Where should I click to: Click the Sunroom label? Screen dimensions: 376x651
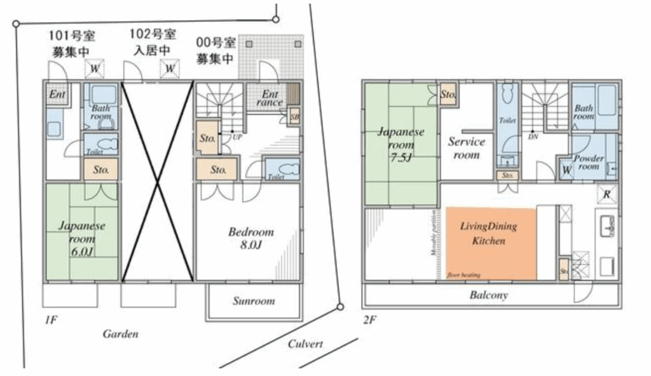(x=254, y=300)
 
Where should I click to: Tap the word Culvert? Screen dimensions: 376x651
(x=306, y=344)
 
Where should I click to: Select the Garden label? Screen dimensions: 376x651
(x=120, y=333)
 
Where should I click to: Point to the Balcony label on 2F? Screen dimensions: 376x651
(x=488, y=295)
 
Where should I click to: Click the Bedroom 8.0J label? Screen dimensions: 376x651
(x=251, y=238)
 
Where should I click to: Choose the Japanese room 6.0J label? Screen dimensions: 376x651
(x=82, y=239)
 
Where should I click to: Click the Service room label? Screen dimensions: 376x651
(x=466, y=148)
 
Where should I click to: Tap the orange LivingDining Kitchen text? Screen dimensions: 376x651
(x=488, y=233)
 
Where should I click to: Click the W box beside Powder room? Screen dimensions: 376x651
(x=566, y=171)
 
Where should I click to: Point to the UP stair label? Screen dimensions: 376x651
(x=236, y=137)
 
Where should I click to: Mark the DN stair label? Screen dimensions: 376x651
(x=533, y=136)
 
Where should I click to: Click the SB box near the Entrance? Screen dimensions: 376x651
(x=294, y=118)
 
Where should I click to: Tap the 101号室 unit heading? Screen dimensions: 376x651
(x=74, y=34)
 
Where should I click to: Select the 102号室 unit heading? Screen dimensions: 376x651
(x=153, y=34)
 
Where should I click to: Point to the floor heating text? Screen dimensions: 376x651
(x=463, y=275)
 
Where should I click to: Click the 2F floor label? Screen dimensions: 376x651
(x=370, y=320)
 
